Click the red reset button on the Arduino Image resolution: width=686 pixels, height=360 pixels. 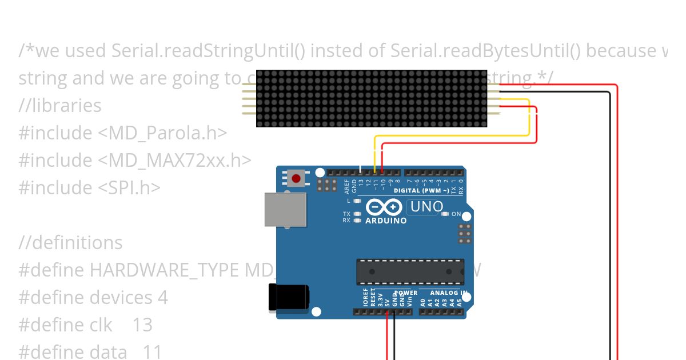(x=296, y=178)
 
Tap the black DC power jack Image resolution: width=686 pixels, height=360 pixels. (x=289, y=298)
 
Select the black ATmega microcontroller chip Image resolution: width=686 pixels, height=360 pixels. (x=410, y=272)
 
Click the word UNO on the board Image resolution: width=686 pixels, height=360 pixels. (x=426, y=206)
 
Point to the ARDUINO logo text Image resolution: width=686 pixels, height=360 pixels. (x=386, y=220)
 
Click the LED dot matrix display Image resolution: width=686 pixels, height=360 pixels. (x=371, y=98)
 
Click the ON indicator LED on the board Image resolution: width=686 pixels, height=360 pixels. (x=445, y=214)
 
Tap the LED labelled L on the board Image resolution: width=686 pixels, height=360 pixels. (x=357, y=201)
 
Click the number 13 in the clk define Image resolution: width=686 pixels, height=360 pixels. (x=142, y=325)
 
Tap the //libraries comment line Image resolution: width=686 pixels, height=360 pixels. (x=60, y=105)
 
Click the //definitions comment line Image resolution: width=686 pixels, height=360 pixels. (x=70, y=242)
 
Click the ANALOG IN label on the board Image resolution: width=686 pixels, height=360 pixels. (x=449, y=293)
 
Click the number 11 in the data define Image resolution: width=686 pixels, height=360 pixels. (x=152, y=351)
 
